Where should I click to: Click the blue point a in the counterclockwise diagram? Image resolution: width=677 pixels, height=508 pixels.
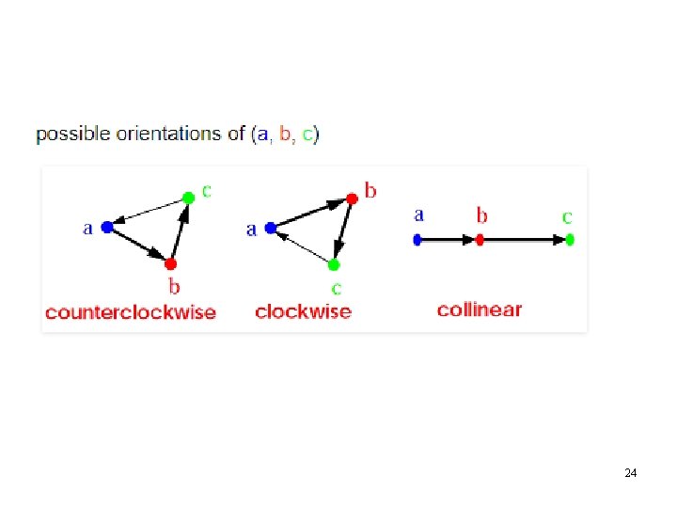click(107, 227)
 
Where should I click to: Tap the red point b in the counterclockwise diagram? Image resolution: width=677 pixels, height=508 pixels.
click(171, 263)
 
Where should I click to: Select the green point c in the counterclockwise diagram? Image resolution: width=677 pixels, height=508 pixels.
click(188, 197)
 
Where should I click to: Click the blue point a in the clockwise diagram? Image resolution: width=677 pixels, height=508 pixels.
click(271, 227)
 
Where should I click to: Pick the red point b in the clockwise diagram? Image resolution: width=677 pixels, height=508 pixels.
click(351, 198)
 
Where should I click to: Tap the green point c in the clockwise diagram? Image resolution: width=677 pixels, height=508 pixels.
click(334, 264)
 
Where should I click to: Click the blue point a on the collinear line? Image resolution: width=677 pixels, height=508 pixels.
click(417, 240)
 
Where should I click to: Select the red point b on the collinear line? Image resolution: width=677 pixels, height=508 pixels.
click(480, 240)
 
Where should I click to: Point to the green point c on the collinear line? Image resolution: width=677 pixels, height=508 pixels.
click(569, 240)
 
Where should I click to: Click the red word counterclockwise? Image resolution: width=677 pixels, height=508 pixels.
click(131, 312)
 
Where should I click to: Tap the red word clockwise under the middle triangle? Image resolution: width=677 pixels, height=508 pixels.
click(303, 311)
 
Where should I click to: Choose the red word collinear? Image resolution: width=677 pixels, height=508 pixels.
click(479, 310)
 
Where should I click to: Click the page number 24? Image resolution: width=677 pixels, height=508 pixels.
click(630, 472)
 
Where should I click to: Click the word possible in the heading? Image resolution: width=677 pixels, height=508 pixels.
click(73, 134)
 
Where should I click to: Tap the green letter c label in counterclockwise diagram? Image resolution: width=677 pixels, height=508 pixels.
click(207, 190)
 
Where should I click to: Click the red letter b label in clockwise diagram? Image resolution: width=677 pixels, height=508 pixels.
click(370, 191)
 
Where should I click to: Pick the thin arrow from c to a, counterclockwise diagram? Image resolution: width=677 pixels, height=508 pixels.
click(148, 212)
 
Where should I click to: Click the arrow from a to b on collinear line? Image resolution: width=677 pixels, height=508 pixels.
click(448, 240)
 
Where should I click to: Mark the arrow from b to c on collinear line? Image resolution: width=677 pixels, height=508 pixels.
click(524, 240)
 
